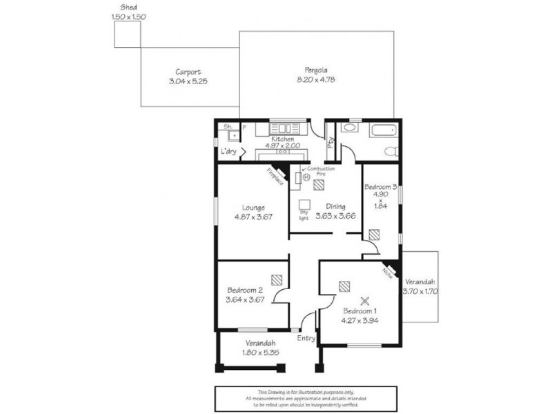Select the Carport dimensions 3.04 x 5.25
[x=188, y=81]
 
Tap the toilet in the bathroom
[x=390, y=151]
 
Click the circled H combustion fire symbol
[x=306, y=177]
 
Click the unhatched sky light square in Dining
[x=304, y=204]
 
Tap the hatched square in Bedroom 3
[x=373, y=235]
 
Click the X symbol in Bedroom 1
[x=366, y=300]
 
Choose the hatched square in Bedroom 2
[x=276, y=280]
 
